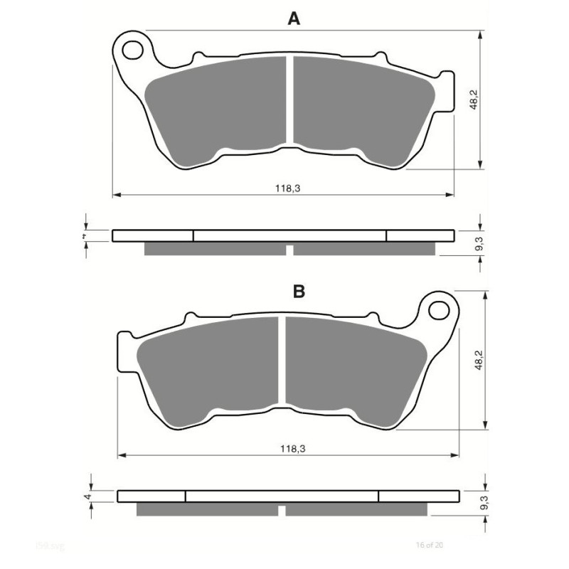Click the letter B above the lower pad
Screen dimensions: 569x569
pos(299,291)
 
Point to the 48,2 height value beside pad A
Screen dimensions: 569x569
pos(473,100)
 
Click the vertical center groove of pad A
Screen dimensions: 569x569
pos(289,100)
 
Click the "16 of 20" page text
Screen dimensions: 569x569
pos(429,545)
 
